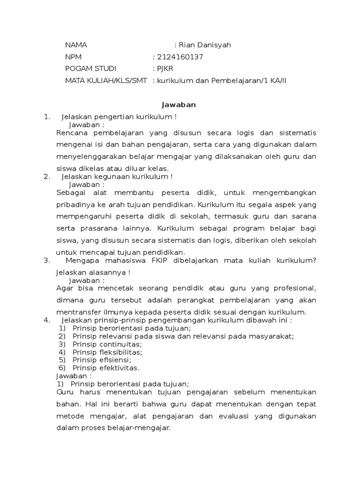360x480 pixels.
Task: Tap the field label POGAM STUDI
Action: (x=90, y=69)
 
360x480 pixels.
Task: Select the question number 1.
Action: (x=46, y=117)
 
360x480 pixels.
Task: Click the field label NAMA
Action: (x=76, y=45)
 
